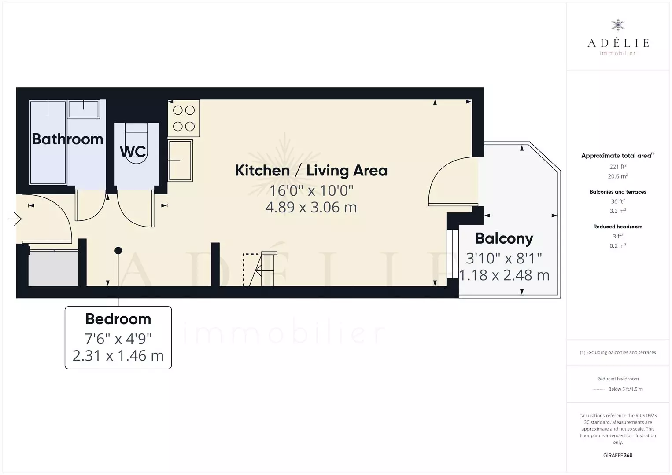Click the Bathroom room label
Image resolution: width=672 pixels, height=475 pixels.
[x=67, y=139]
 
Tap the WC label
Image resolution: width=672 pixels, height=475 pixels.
[x=133, y=151]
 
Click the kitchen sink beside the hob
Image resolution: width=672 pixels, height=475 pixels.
[x=180, y=161]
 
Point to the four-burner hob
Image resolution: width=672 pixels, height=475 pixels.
[x=184, y=118]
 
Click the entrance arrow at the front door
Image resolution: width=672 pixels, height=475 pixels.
[x=15, y=219]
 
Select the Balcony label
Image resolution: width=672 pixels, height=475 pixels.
[x=504, y=238]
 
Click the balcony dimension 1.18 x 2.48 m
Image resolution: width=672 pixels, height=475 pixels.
[x=504, y=275]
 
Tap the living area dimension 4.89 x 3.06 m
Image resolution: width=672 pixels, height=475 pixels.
[x=311, y=208]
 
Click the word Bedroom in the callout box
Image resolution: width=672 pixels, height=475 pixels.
[x=118, y=319]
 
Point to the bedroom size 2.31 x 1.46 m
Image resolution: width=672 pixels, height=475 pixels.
[x=118, y=356]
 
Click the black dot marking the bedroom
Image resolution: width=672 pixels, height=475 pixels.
[x=118, y=251]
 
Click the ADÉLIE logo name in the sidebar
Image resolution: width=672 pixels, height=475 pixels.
[x=618, y=43]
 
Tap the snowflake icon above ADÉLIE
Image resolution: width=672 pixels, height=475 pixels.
[x=618, y=25]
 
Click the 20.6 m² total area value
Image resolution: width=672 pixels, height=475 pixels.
[x=618, y=176]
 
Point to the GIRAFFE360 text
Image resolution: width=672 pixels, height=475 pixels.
[x=618, y=455]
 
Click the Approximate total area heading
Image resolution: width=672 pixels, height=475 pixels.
[x=618, y=156]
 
